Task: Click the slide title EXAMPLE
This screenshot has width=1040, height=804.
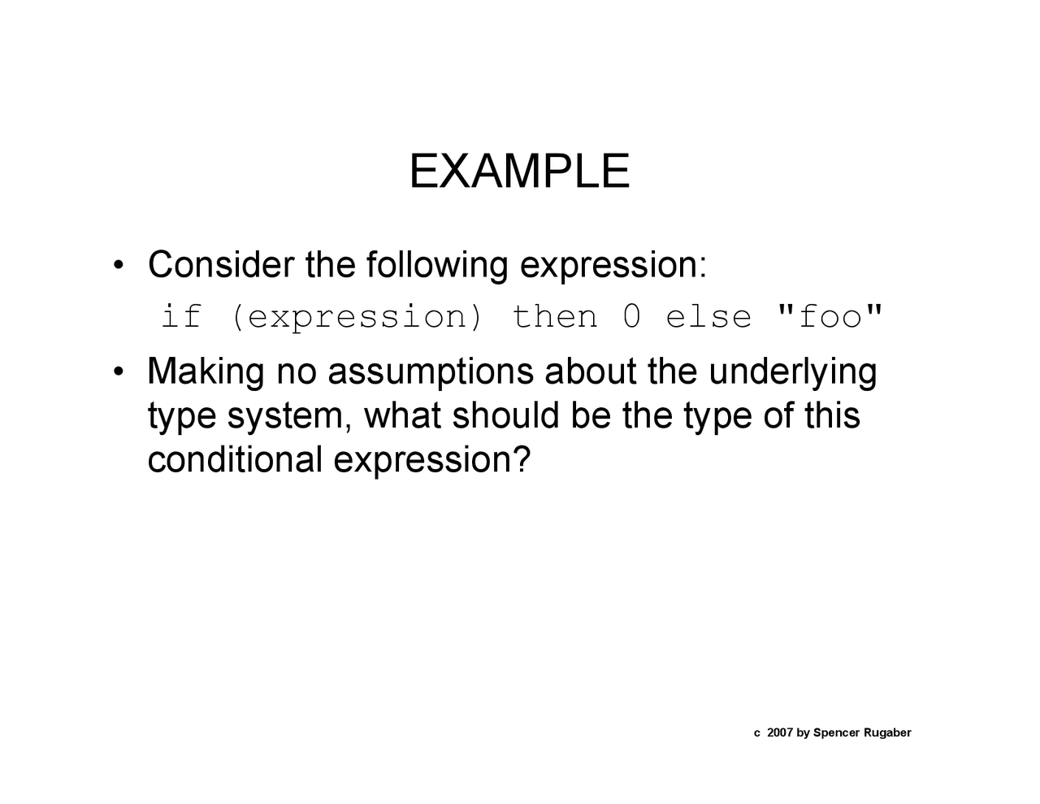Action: (519, 172)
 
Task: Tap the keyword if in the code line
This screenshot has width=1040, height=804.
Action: (180, 316)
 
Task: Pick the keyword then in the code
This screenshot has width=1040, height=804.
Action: (554, 316)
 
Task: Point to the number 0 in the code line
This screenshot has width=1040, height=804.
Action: (631, 316)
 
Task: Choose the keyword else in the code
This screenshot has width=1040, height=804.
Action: (708, 316)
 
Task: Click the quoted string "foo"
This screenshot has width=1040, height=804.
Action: (830, 316)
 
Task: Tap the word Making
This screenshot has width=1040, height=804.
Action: (206, 372)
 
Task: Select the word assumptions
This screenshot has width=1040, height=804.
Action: (431, 372)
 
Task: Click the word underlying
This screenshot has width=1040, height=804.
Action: (792, 372)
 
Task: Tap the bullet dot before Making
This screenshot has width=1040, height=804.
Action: (119, 373)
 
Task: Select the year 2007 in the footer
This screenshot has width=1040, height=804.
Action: (779, 733)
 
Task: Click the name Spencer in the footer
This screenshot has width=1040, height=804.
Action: (835, 733)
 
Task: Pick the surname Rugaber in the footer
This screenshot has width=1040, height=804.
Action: (887, 733)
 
